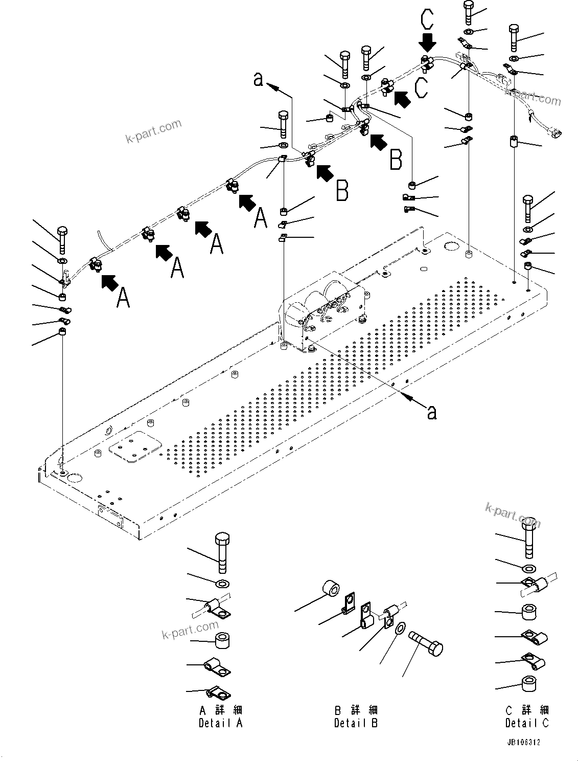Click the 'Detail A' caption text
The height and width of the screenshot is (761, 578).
tap(220, 723)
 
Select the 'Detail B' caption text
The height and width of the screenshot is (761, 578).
tap(356, 723)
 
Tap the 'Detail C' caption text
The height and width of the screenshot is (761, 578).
tap(527, 723)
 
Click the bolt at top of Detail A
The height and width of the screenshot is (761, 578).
tap(222, 552)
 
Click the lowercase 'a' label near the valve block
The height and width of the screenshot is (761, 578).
tap(432, 412)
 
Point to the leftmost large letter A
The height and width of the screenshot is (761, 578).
tap(123, 298)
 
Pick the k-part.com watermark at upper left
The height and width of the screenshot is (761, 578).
tap(153, 131)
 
